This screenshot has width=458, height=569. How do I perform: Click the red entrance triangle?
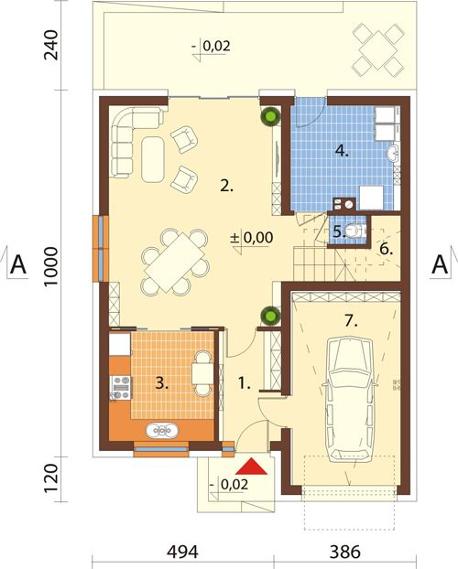(x=251, y=467)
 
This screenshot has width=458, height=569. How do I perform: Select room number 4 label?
(x=342, y=150)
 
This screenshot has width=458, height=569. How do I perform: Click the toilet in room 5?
(x=353, y=230)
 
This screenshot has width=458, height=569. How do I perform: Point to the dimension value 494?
(x=182, y=552)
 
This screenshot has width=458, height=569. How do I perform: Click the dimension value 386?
(x=345, y=552)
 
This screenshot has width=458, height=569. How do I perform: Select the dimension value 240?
(x=50, y=45)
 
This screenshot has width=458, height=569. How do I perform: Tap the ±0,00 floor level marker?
(x=252, y=237)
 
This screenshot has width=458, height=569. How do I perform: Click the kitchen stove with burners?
(x=120, y=388)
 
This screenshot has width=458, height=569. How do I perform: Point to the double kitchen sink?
(x=162, y=431)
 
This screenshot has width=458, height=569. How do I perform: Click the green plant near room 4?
(x=270, y=116)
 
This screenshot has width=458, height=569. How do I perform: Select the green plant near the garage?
(x=270, y=316)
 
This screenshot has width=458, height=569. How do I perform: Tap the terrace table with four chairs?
(x=378, y=49)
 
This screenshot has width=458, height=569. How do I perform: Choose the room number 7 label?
(x=351, y=321)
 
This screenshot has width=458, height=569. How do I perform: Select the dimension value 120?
(x=50, y=479)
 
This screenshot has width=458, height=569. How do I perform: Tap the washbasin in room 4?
(x=393, y=154)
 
